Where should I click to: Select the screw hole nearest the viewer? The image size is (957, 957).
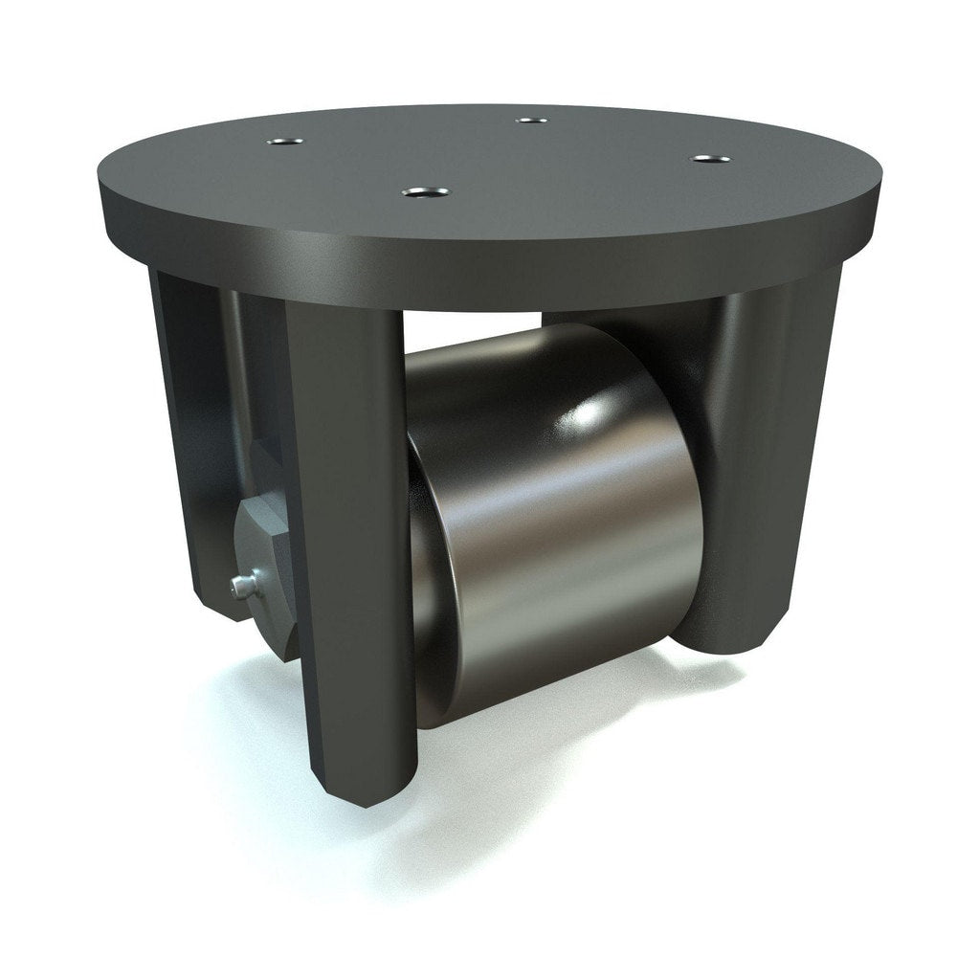(416, 192)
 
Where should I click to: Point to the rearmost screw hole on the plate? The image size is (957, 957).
(529, 121)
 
